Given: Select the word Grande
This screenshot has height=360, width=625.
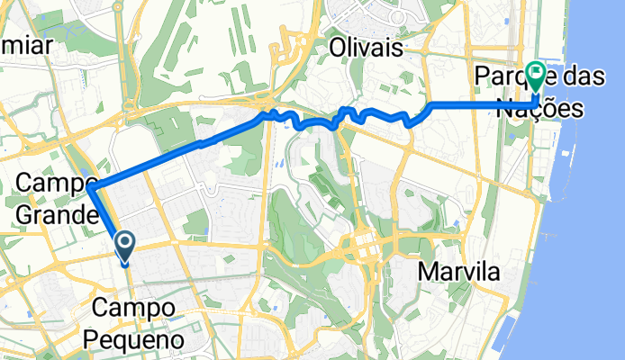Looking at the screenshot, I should point(55,217).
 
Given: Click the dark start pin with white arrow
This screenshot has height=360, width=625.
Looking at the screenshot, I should point(123,243).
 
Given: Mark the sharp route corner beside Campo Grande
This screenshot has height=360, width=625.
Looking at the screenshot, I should point(93,186).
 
